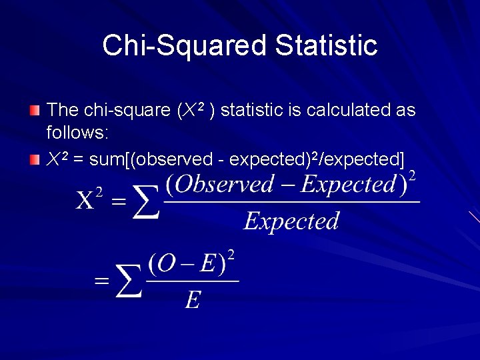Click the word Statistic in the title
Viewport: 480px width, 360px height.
(x=326, y=45)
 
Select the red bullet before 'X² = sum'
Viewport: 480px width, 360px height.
(x=35, y=159)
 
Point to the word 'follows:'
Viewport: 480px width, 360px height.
(x=77, y=133)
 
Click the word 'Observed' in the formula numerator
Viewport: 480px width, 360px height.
(x=219, y=184)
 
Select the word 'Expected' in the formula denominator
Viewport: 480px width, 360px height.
(x=291, y=221)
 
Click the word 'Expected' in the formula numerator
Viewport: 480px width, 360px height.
(x=348, y=184)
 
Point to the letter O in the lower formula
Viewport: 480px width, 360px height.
(x=166, y=265)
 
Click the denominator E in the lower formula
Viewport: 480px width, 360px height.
(x=192, y=301)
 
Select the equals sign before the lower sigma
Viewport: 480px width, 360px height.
(x=101, y=281)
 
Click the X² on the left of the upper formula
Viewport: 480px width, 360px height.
(x=90, y=199)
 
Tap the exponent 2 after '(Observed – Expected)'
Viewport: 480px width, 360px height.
(x=412, y=176)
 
